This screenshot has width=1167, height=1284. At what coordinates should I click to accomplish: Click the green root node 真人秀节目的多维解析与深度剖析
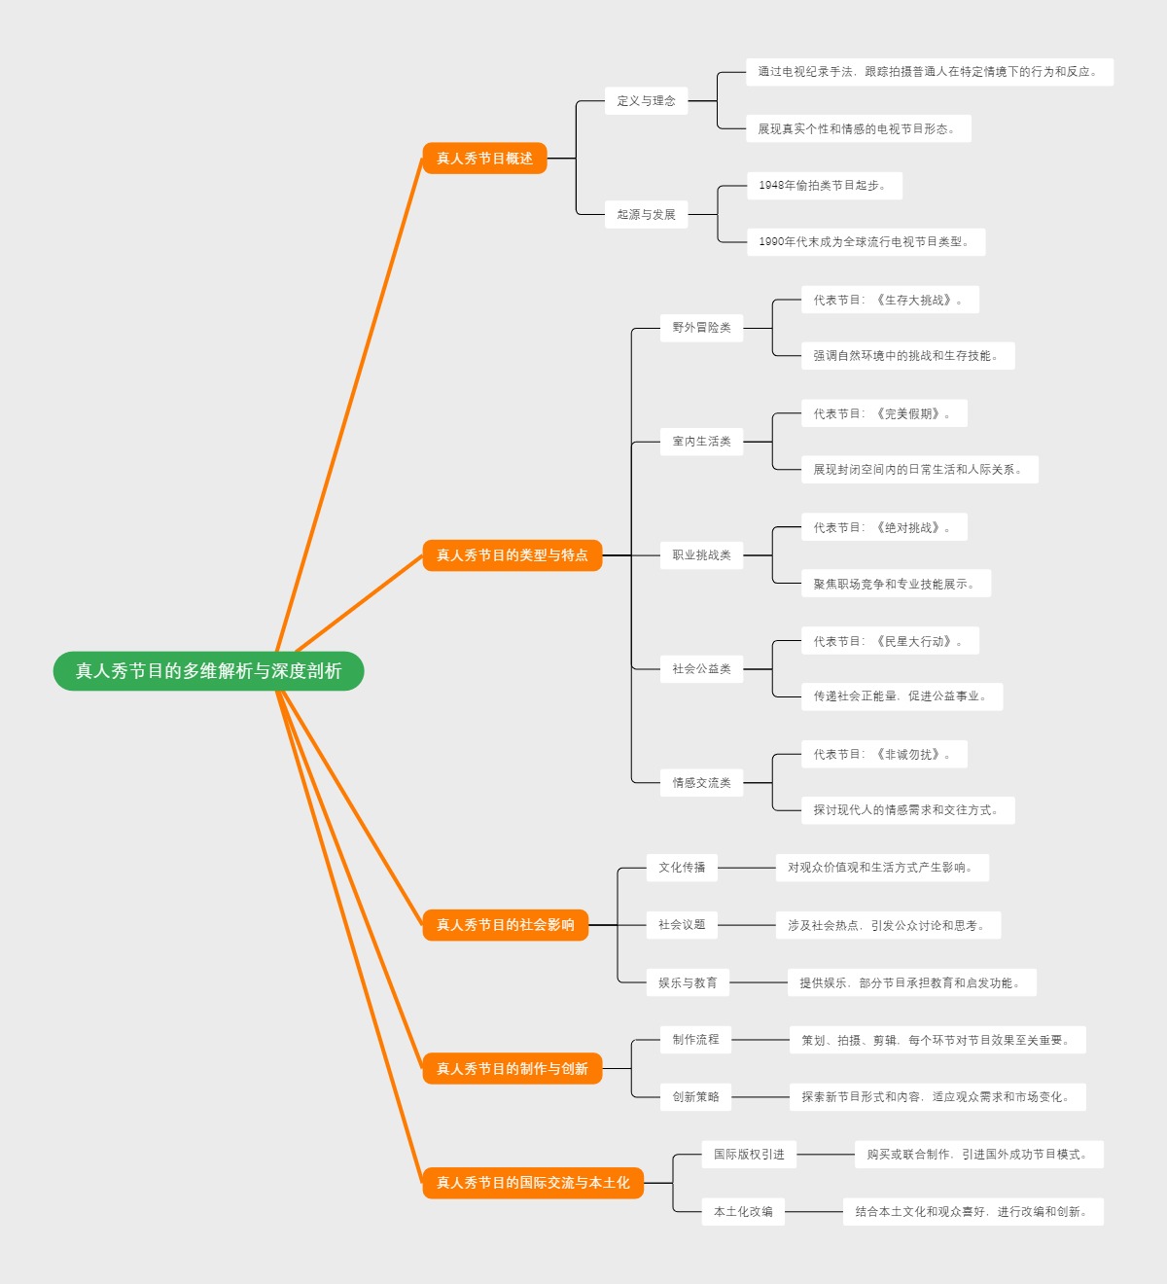pyautogui.click(x=208, y=671)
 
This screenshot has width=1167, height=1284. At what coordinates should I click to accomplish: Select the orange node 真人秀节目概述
pyautogui.click(x=484, y=158)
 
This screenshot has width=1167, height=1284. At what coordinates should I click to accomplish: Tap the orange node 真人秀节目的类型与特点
pyautogui.click(x=512, y=555)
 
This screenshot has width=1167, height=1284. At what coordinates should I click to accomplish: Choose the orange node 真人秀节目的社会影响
pyautogui.click(x=505, y=925)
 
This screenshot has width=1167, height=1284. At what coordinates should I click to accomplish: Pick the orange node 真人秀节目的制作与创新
pyautogui.click(x=512, y=1069)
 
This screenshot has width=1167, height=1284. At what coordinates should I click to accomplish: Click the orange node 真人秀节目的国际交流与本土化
pyautogui.click(x=533, y=1183)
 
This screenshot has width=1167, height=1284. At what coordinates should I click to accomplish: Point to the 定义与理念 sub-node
pyautogui.click(x=646, y=100)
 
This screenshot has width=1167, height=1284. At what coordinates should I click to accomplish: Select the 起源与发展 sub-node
pyautogui.click(x=646, y=214)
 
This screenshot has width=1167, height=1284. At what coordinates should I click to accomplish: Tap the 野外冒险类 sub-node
pyautogui.click(x=701, y=328)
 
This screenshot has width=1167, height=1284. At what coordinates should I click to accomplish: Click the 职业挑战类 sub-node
pyautogui.click(x=701, y=555)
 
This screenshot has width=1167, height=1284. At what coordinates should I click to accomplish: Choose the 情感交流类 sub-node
pyautogui.click(x=701, y=782)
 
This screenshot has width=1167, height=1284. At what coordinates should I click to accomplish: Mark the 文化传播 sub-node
pyautogui.click(x=682, y=868)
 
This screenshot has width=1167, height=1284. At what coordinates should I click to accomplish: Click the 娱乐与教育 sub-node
pyautogui.click(x=688, y=982)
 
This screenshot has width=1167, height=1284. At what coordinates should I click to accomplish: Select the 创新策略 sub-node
pyautogui.click(x=695, y=1097)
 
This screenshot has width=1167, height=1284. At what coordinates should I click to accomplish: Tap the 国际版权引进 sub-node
pyautogui.click(x=749, y=1155)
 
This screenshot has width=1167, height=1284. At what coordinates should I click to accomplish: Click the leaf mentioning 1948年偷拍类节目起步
pyautogui.click(x=824, y=185)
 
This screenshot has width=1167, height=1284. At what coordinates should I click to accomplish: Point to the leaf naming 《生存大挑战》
pyautogui.click(x=889, y=300)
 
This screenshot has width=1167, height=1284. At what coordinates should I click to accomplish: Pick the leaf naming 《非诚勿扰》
pyautogui.click(x=883, y=754)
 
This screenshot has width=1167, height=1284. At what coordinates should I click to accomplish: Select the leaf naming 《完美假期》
pyautogui.click(x=883, y=413)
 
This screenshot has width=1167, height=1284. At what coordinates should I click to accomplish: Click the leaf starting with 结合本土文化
pyautogui.click(x=972, y=1212)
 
